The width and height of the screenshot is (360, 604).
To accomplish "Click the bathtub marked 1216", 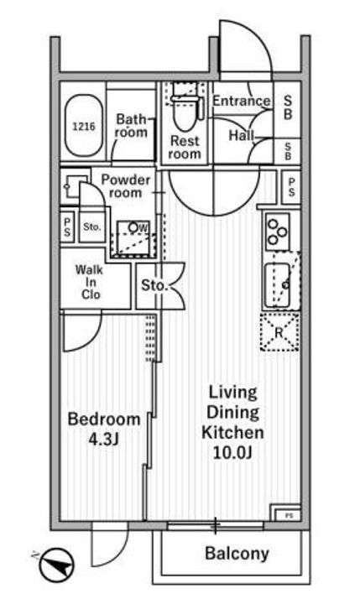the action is click(84, 126).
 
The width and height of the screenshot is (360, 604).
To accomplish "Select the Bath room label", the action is click(131, 126).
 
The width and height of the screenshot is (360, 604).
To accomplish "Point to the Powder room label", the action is click(125, 186).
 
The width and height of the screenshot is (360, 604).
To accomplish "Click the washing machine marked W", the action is click(133, 238).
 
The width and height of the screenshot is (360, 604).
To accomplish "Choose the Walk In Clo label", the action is click(90, 282).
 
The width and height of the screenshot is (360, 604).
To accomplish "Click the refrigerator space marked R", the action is click(279, 331).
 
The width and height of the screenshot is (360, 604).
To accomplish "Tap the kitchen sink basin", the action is click(277, 285).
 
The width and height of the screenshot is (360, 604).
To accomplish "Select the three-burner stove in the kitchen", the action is click(278, 232).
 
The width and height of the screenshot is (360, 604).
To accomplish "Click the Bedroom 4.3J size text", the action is click(104, 429).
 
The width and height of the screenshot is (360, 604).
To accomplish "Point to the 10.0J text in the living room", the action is click(232, 453).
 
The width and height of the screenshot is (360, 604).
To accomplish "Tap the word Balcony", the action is click(237, 553).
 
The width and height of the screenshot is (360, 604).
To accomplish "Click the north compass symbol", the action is click(56, 565).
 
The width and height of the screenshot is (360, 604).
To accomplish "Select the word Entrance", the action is click(242, 101).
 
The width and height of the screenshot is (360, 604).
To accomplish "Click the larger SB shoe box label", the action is click(288, 107).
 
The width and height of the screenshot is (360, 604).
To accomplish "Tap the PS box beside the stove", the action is click(291, 187).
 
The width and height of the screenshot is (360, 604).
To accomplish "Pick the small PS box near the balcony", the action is click(287, 514).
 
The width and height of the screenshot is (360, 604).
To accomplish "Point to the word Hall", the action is click(242, 135).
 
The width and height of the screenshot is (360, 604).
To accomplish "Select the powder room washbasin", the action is click(74, 186).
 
